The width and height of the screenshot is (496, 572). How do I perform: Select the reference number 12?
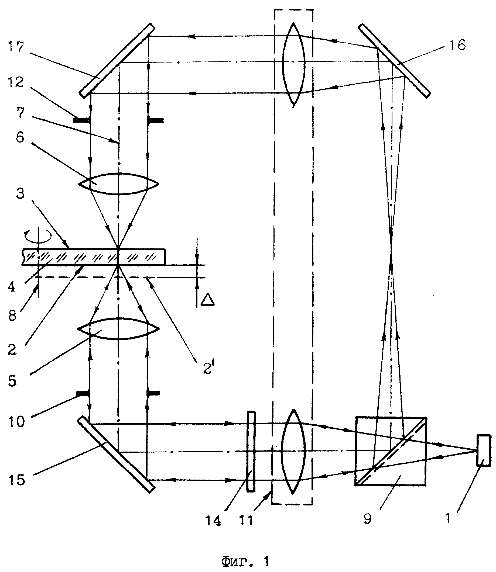pyautogui.click(x=16, y=82)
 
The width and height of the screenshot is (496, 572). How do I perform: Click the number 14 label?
pyautogui.click(x=213, y=521)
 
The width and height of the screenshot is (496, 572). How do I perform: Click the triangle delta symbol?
pyautogui.click(x=208, y=300)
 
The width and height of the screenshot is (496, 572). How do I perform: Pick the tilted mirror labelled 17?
pyautogui.click(x=117, y=61)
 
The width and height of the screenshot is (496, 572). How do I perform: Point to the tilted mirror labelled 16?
pyautogui.click(x=394, y=61)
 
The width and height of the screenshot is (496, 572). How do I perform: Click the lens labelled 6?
pyautogui.click(x=118, y=184)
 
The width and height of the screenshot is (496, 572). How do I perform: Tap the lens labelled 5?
pyautogui.click(x=118, y=329)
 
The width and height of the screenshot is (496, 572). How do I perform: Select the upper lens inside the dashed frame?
pyautogui.click(x=294, y=64)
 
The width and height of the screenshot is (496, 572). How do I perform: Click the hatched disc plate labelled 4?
pyautogui.click(x=94, y=257)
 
